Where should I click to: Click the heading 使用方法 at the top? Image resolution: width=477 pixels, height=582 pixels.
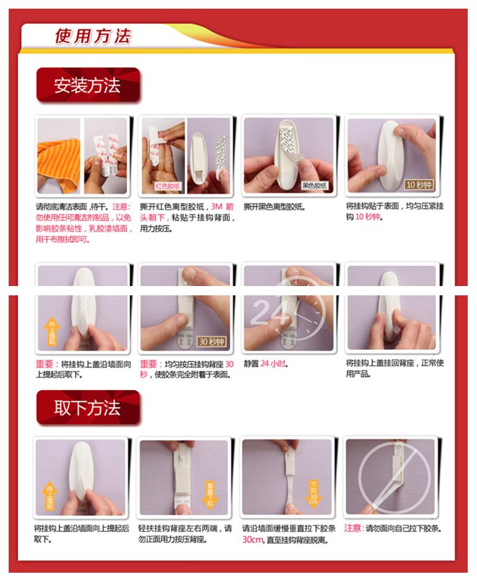pos(93,37)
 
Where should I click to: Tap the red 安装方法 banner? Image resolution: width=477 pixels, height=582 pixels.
pos(88,85)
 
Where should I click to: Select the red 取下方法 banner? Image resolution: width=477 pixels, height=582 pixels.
pos(88,407)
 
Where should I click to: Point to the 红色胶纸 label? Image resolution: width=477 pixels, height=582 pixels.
pos(168,186)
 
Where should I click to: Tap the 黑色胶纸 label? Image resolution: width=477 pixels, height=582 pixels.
pos(314,185)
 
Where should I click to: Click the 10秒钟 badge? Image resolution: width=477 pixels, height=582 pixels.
pos(419,185)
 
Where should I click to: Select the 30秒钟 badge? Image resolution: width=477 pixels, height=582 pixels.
pos(212,341)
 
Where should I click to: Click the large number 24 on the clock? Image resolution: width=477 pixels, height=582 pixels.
pos(269,311)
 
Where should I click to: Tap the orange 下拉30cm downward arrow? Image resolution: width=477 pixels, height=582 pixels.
pos(313,493)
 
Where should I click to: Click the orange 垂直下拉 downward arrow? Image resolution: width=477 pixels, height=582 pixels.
pos(210,494)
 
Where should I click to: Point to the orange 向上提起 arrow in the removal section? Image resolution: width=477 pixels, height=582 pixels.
pos(50,495)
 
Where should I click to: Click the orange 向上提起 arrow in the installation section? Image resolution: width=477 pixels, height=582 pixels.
pos(52,331)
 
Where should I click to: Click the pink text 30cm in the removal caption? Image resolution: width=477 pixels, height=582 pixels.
pos(253,539)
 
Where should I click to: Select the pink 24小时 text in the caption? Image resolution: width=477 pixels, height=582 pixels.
pos(273,363)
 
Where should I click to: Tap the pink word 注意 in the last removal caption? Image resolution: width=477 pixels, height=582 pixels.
pos(352,528)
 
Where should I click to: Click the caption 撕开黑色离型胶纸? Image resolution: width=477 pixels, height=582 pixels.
pos(274,206)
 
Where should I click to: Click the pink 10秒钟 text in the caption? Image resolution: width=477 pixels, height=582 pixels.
pos(368,217)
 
